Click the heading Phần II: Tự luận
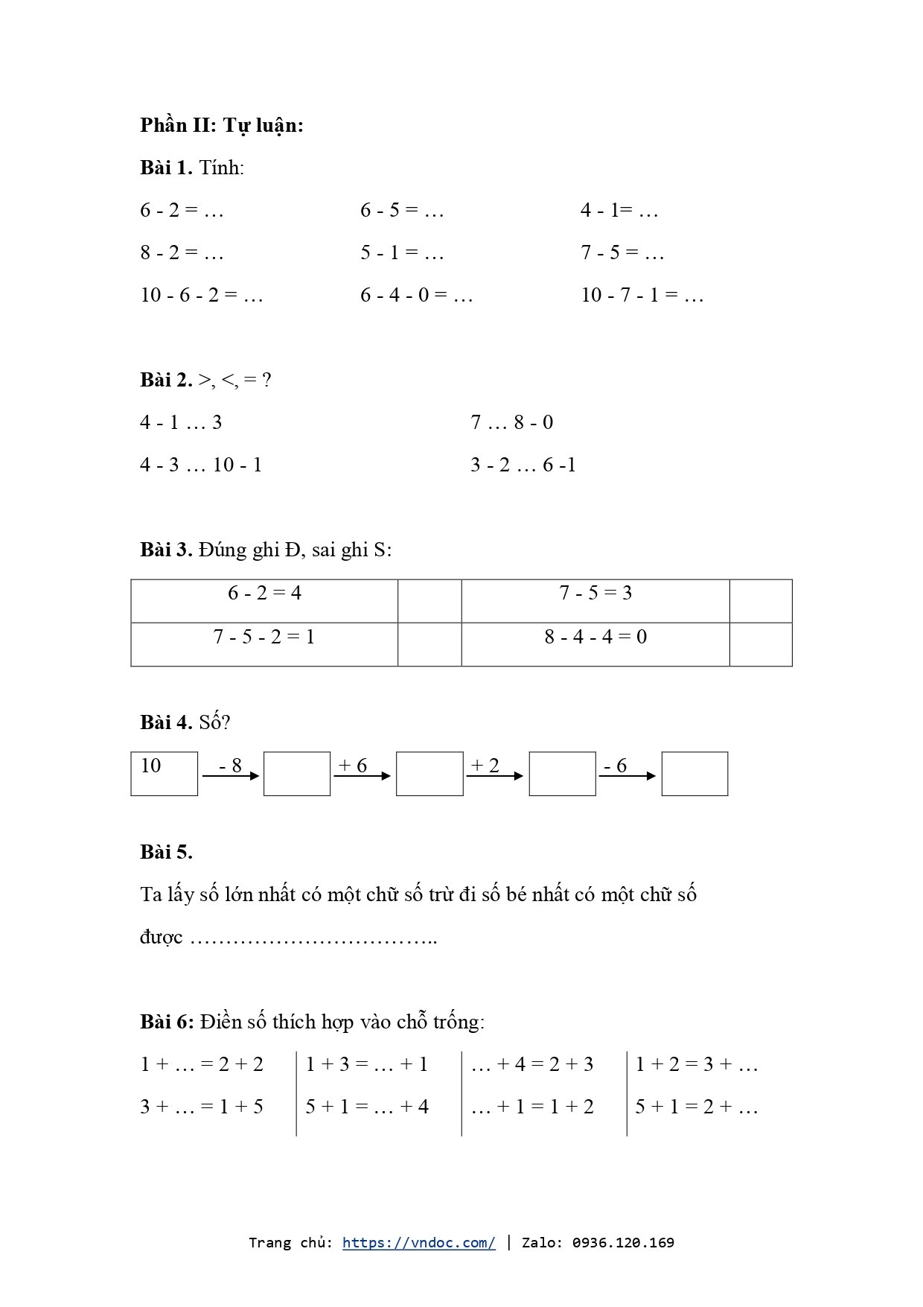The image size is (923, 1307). click(221, 125)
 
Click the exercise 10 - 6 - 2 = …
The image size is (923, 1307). click(202, 296)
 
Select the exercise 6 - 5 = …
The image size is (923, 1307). click(402, 211)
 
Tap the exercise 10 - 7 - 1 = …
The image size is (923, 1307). click(642, 296)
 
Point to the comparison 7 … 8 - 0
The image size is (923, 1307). click(511, 423)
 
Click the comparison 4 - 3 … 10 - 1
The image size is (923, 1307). click(201, 465)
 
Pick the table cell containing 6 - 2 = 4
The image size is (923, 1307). click(264, 600)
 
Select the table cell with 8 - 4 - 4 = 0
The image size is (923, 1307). click(595, 643)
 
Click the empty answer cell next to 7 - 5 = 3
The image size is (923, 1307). click(760, 600)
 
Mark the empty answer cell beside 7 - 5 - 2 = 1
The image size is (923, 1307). click(429, 643)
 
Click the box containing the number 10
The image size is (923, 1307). click(164, 773)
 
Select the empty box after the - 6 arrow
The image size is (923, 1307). click(694, 773)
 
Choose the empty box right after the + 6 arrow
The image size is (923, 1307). click(429, 773)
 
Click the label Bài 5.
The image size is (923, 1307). click(166, 852)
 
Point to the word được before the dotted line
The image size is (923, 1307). click(161, 938)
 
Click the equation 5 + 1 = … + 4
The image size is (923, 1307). click(367, 1107)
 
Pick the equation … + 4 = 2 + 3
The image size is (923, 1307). click(532, 1064)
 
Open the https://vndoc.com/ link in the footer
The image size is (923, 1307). click(418, 1242)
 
